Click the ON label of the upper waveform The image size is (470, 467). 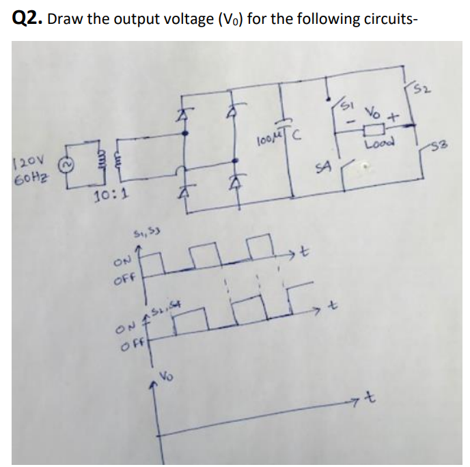pos(120,262)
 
